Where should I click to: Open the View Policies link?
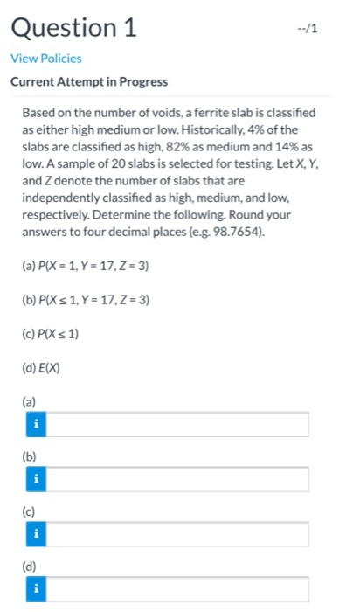point(45,58)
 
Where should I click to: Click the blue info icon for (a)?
point(36,425)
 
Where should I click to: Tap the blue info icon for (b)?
point(36,479)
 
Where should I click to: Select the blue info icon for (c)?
point(36,534)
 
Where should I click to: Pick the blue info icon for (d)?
point(36,588)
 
